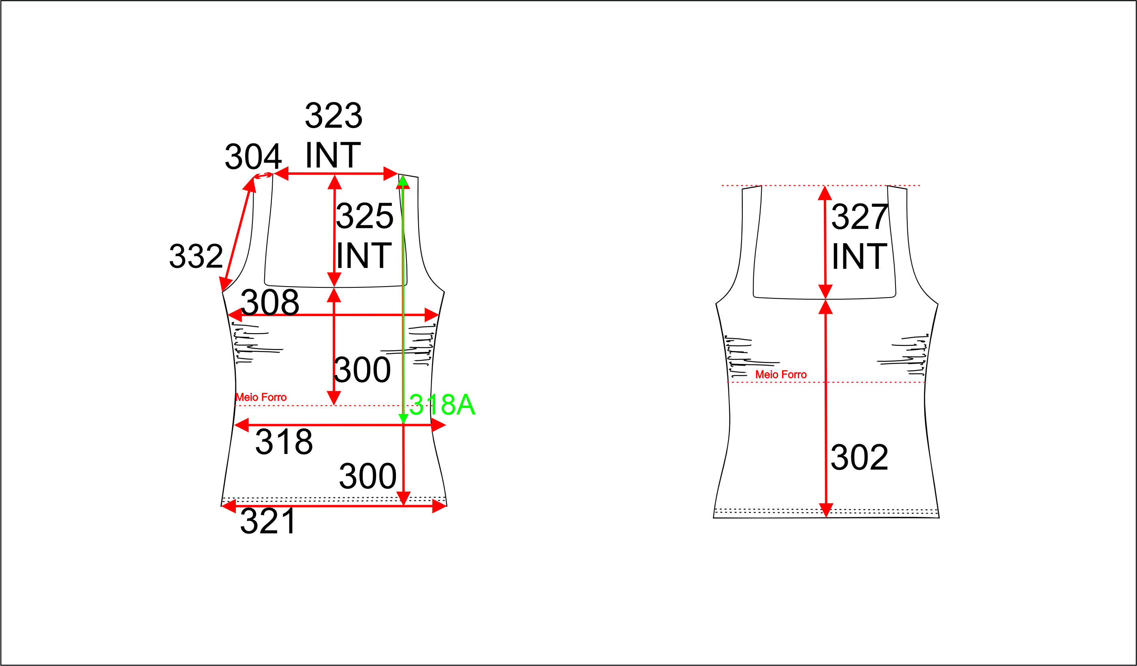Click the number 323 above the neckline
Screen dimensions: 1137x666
point(333,116)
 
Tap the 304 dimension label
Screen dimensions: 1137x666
point(253,156)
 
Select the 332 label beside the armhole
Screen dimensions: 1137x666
point(196,256)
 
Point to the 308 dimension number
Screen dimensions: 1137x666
point(270,302)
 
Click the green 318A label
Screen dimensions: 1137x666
point(442,404)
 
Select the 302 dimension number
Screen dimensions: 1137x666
point(859,458)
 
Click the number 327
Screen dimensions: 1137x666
point(859,216)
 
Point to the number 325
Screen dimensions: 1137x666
point(365,216)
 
